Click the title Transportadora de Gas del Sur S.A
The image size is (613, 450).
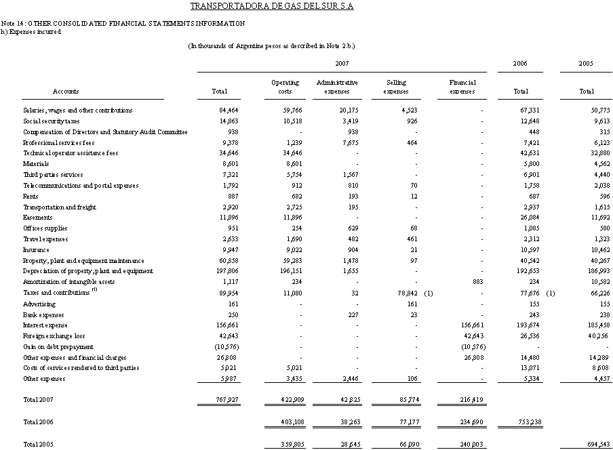272,7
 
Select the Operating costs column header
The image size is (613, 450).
285,87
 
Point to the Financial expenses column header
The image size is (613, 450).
462,87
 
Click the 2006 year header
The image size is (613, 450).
521,63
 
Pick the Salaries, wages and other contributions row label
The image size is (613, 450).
77,110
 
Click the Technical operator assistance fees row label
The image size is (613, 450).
71,153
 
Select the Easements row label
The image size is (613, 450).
37,218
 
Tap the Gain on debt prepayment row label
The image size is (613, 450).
58,347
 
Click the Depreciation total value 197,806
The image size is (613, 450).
226,272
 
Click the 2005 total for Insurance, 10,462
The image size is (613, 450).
580,250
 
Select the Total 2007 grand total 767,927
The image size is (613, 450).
226,401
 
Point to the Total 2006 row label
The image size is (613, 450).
38,422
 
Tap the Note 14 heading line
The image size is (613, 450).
123,24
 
